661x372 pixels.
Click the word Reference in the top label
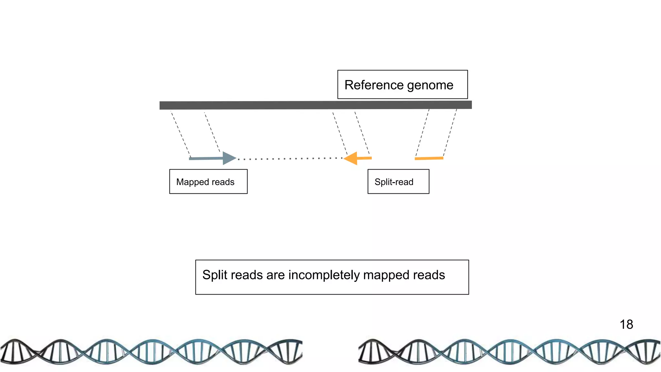tap(374, 85)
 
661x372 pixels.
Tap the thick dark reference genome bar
tap(315, 105)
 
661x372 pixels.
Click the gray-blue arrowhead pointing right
tap(229, 158)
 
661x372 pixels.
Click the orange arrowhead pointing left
tap(351, 158)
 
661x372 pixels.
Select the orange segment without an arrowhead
tap(429, 158)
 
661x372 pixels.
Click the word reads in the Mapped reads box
tap(223, 182)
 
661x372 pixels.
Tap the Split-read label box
tap(398, 182)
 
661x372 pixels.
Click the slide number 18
tap(626, 325)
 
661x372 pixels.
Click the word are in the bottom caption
tap(275, 275)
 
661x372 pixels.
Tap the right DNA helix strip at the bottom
tap(509, 352)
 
